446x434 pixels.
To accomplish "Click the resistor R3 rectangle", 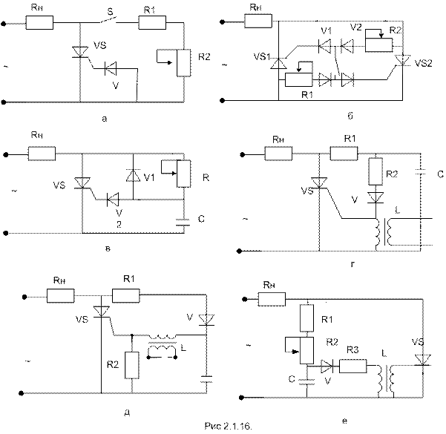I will click(x=352, y=366).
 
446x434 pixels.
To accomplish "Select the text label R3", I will click(x=354, y=349).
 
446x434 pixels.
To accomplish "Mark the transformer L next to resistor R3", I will click(x=387, y=378).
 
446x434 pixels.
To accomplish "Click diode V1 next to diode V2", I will click(x=324, y=45).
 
